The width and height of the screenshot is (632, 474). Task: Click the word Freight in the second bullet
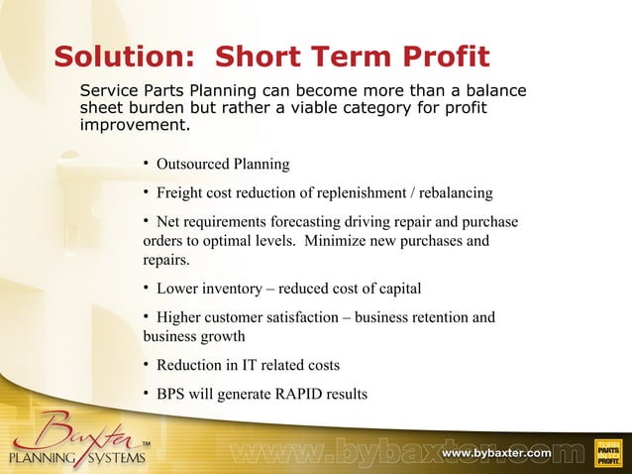tap(180, 192)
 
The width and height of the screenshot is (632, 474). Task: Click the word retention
tap(432, 317)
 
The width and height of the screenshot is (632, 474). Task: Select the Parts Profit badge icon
tap(607, 453)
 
